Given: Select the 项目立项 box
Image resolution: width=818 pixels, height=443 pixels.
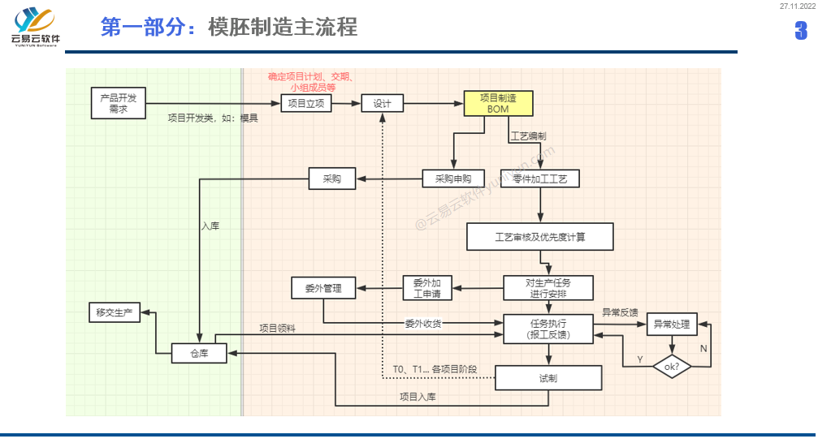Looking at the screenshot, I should coord(306,103).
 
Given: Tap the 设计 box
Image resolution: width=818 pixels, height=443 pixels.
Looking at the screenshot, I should coord(382,103).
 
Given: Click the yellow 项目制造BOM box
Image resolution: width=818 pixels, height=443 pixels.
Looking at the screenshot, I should coord(498,103).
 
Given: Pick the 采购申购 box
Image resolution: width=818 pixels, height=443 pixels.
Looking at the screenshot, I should coord(453,178).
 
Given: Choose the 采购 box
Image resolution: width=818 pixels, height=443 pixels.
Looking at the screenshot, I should coord(332,178).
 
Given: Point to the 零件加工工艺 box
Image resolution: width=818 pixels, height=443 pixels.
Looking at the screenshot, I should coord(540,178).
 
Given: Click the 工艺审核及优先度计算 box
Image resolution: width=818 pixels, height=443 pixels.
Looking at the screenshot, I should coord(540,237).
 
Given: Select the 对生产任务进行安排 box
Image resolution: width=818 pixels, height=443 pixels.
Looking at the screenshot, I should coord(548,288).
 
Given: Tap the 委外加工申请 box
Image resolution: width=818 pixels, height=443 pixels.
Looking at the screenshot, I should coord(427,288).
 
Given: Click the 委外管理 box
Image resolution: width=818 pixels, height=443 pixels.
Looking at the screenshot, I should coord(323,288).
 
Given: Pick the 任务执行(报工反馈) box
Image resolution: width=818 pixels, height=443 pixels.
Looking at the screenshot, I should coord(548,329).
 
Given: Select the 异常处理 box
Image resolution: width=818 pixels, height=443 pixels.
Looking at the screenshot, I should coord(671,325).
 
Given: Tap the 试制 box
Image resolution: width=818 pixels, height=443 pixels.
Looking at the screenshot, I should coord(548,378).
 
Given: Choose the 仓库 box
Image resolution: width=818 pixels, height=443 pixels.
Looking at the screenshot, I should coord(199,353).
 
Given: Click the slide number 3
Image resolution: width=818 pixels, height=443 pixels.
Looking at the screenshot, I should coord(801,31).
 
